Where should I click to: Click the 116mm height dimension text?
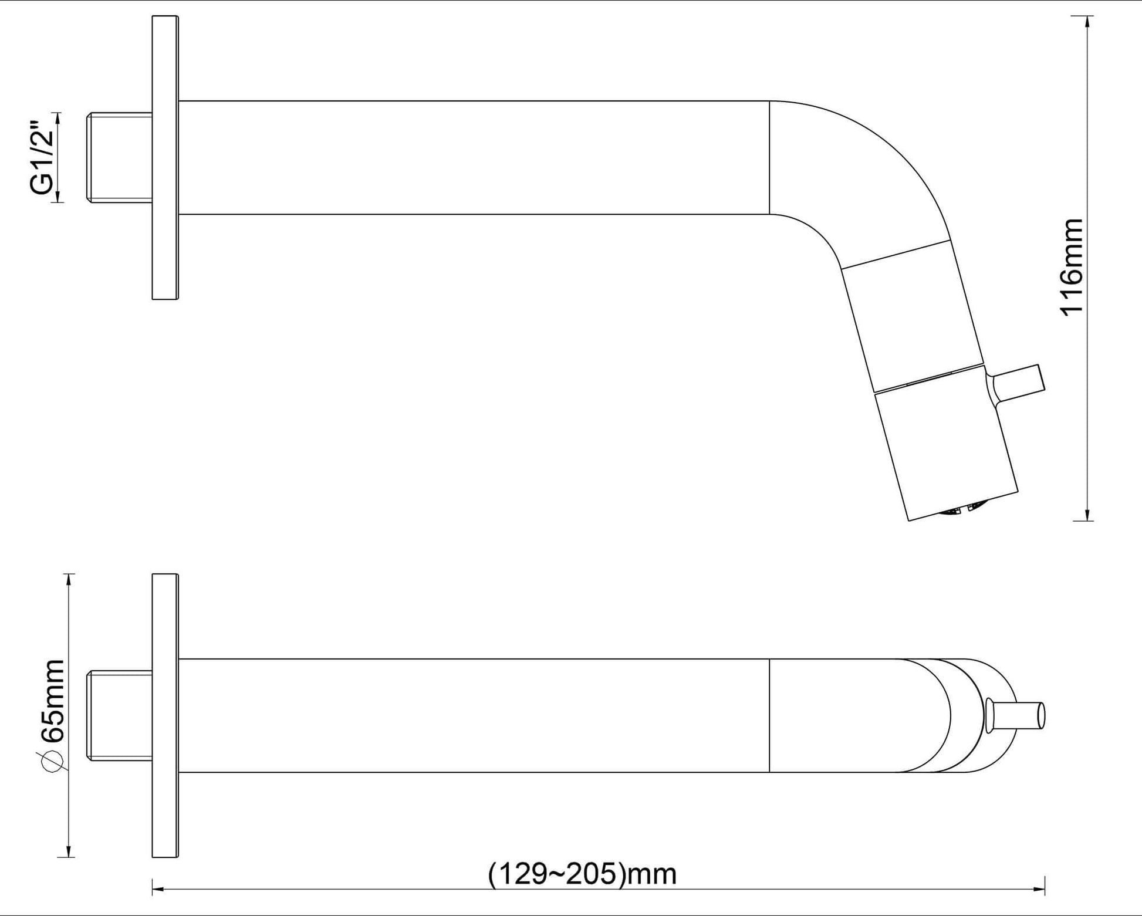point(1072,268)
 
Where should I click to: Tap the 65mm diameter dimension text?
point(52,701)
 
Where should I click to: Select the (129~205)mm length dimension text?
point(582,874)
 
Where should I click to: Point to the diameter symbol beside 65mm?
point(52,760)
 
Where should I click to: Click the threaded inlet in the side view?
point(120,158)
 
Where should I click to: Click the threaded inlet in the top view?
point(120,716)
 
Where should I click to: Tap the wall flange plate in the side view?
point(165,158)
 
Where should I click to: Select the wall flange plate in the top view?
point(165,716)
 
